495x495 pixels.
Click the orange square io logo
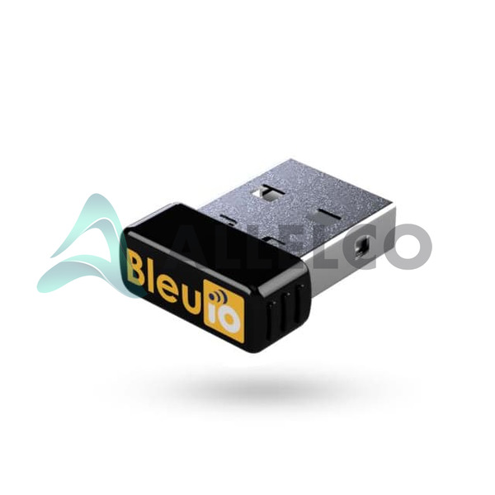coord(224,311)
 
